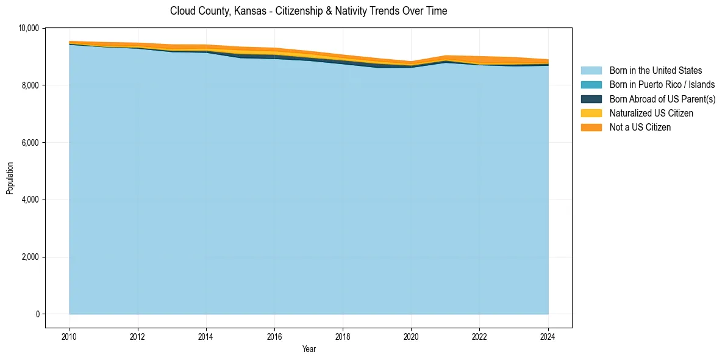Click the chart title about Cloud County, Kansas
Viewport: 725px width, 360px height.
point(309,11)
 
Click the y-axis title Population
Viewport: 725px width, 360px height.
point(10,178)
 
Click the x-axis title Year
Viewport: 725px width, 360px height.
point(309,349)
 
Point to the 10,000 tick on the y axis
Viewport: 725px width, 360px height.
point(29,28)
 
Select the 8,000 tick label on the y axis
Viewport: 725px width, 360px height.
point(31,85)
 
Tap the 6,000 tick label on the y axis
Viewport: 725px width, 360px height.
point(31,143)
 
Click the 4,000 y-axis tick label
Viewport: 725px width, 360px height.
point(31,200)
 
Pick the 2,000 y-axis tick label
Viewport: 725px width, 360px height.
point(31,257)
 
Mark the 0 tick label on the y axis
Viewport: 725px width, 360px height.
point(37,314)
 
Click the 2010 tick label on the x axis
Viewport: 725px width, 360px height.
point(70,336)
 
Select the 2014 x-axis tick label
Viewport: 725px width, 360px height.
point(206,336)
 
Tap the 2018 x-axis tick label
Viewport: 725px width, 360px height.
point(343,336)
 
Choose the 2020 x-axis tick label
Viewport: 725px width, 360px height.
point(411,336)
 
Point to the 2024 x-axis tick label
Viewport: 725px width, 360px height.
point(548,336)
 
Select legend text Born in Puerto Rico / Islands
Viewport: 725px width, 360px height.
point(662,85)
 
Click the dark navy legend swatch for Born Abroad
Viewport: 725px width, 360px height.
point(591,99)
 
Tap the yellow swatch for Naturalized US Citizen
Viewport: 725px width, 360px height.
point(591,113)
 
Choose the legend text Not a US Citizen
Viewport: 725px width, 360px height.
point(640,127)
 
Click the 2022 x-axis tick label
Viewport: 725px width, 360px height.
point(479,336)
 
